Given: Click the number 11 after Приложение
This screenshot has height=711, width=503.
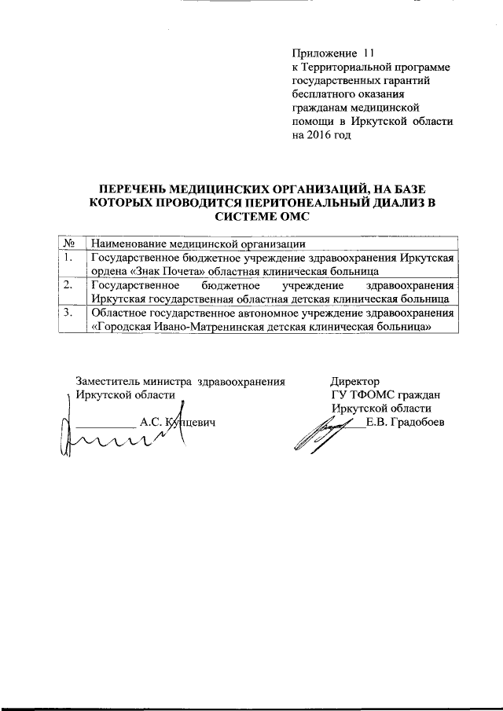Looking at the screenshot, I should [x=369, y=54].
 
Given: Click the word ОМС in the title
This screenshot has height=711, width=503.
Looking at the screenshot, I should [x=292, y=215].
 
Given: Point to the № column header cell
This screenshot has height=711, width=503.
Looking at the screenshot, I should [x=69, y=243].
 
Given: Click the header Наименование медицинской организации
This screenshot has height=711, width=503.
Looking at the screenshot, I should [x=197, y=243].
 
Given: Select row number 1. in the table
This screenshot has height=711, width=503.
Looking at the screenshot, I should [x=69, y=258].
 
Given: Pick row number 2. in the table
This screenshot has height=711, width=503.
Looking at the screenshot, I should [x=69, y=285].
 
